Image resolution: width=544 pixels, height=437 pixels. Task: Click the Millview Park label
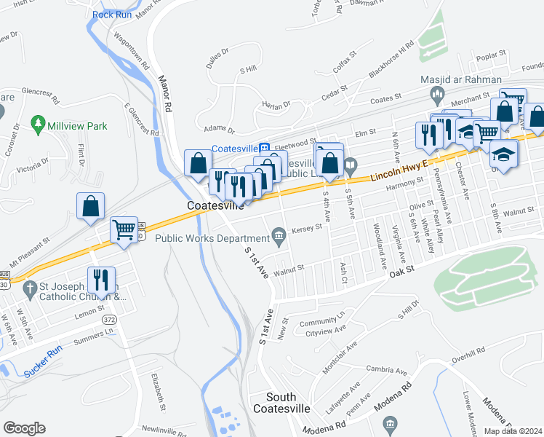77,126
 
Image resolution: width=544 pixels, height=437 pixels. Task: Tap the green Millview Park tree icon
36,126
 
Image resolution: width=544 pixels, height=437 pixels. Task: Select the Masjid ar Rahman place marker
438,92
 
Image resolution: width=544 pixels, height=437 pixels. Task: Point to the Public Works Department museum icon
278,234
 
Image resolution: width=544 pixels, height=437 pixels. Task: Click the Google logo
24,428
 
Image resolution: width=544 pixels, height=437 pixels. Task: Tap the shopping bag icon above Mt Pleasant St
90,205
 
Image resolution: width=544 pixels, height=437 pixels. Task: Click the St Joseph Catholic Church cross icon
30,289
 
